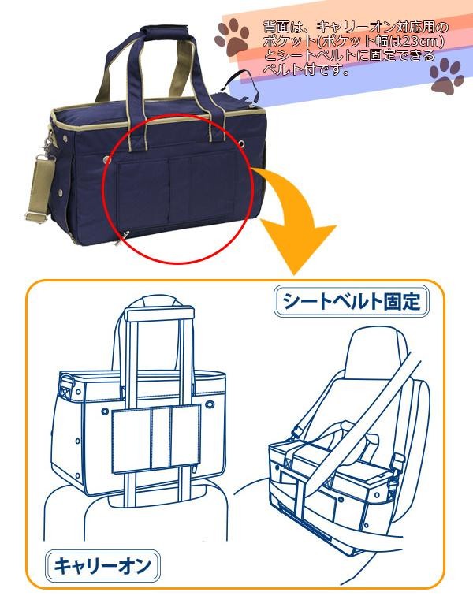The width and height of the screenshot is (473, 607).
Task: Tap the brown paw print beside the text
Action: (233, 40)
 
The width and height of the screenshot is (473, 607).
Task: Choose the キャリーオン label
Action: (102, 564)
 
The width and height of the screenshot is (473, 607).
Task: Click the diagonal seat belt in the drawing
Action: (386, 394)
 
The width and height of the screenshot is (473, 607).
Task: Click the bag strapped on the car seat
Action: (331, 473)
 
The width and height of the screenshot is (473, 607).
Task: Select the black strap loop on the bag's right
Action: (244, 79)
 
